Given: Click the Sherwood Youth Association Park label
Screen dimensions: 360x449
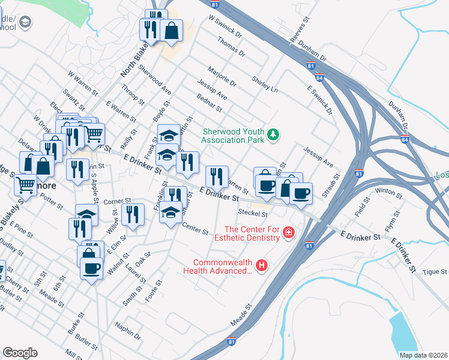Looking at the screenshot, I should pyautogui.click(x=233, y=135).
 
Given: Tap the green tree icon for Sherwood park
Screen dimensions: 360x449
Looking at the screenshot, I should pyautogui.click(x=273, y=134).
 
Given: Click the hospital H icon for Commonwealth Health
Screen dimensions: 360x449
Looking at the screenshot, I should pyautogui.click(x=261, y=265).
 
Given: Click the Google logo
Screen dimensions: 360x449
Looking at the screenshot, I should pyautogui.click(x=20, y=352).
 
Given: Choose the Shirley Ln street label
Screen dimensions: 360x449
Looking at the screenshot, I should pyautogui.click(x=265, y=85).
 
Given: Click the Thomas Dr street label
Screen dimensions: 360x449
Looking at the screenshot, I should pyautogui.click(x=232, y=46).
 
